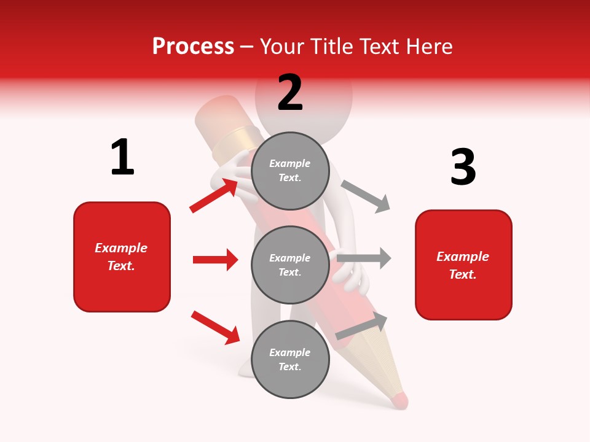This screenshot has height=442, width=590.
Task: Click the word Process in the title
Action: coord(193,47)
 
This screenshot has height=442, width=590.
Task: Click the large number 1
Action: coord(122,157)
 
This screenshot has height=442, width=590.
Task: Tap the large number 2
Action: coord(290,92)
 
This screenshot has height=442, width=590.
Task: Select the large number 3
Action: coord(463,167)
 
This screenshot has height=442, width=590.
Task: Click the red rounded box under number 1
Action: coord(122,257)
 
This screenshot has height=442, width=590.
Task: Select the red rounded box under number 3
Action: coord(463,265)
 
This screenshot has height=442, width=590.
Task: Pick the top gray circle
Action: coord(290,171)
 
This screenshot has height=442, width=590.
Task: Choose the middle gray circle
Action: coord(290,265)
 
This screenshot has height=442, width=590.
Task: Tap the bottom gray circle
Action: coord(290,359)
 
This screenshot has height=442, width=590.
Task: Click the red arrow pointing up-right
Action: coord(214,195)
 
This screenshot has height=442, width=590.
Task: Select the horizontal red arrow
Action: coord(215,260)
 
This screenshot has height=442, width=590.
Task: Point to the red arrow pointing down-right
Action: coord(215,327)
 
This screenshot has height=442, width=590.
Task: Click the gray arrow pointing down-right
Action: coord(366,196)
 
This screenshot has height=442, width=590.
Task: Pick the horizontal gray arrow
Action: coord(364,258)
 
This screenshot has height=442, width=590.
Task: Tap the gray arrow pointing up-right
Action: coord(362,326)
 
